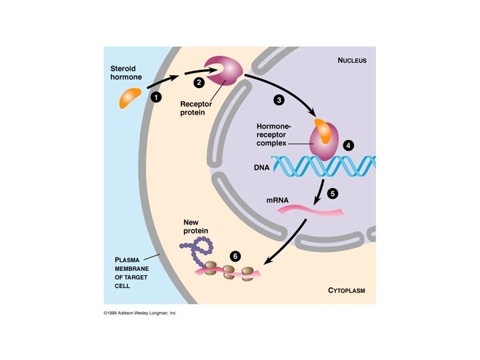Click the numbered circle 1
pyautogui.click(x=157, y=97)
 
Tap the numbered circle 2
pyautogui.click(x=198, y=82)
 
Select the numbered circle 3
pyautogui.click(x=279, y=100)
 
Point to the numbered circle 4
pyautogui.click(x=347, y=145)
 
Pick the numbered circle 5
pyautogui.click(x=333, y=194)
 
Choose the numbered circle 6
pyautogui.click(x=234, y=255)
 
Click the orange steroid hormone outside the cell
pyautogui.click(x=130, y=97)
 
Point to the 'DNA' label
pyautogui.click(x=261, y=168)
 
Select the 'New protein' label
pyautogui.click(x=196, y=226)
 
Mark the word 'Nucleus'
pyautogui.click(x=352, y=61)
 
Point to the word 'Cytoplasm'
pyautogui.click(x=347, y=291)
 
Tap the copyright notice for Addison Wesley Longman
pyautogui.click(x=140, y=312)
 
